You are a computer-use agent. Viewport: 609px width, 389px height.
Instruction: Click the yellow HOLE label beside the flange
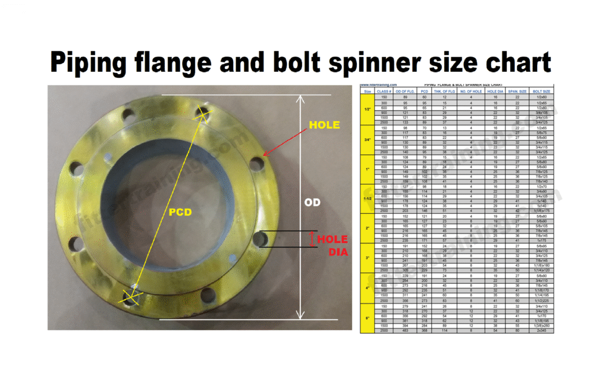(325, 125)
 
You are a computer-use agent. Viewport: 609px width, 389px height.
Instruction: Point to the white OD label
(313, 203)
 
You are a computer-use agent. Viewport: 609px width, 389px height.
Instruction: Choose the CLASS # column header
(384, 91)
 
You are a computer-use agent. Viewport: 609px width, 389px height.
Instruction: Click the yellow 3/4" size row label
(367, 140)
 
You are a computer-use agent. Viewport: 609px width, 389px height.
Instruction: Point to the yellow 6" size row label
(367, 318)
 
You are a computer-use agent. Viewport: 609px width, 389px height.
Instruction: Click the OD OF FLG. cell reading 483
(404, 330)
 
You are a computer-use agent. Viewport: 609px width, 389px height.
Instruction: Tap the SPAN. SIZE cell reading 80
(517, 330)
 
